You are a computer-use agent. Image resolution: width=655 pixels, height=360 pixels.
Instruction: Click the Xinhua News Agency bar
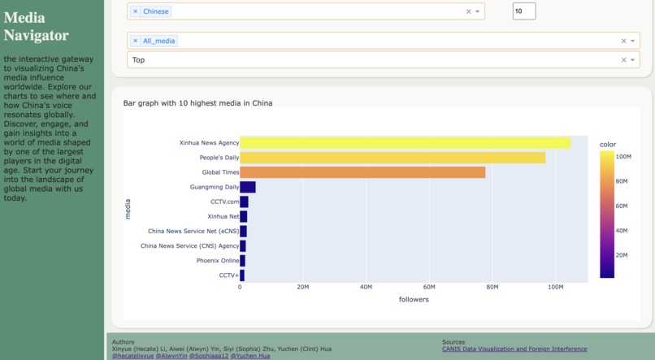click(405, 143)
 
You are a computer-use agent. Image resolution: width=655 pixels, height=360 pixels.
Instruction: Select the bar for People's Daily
click(393, 158)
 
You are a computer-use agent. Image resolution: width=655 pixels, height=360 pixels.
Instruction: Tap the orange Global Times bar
click(362, 172)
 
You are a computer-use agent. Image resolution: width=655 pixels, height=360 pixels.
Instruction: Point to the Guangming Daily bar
click(248, 187)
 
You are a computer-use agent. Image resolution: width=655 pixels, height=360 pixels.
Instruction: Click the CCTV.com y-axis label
click(224, 202)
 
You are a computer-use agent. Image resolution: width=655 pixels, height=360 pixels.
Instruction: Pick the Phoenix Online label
click(217, 261)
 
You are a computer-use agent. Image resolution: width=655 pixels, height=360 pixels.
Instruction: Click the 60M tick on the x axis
click(429, 287)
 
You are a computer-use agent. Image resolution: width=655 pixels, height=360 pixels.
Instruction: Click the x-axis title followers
click(414, 299)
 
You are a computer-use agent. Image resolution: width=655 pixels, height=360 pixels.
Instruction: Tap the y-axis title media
click(128, 209)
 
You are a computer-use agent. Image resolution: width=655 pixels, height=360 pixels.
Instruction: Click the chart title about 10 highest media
click(197, 103)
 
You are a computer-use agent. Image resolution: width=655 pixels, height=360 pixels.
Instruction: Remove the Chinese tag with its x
click(136, 11)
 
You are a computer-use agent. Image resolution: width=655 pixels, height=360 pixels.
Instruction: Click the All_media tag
click(159, 41)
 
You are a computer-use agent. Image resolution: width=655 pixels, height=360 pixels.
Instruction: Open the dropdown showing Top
click(374, 60)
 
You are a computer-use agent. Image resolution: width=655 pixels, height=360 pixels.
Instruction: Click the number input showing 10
click(524, 11)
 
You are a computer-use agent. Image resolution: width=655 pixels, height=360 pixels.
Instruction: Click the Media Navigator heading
click(36, 26)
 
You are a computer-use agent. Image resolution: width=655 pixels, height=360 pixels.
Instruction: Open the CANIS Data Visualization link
click(514, 349)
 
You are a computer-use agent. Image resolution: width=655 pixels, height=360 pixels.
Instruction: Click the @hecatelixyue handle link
click(132, 356)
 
